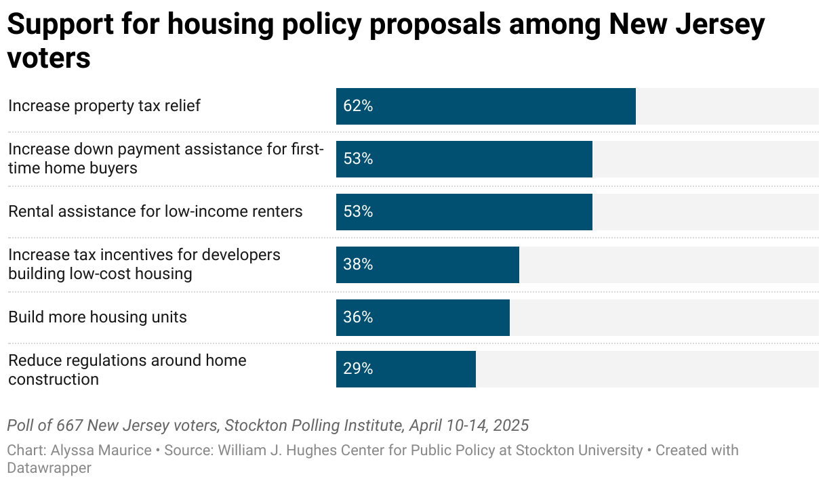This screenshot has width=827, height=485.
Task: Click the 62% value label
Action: tap(358, 106)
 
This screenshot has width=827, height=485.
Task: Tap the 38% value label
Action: tap(358, 265)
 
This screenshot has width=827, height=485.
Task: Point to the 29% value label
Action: tap(358, 369)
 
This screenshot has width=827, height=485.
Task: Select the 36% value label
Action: tap(358, 318)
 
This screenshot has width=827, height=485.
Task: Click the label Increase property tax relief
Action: tap(104, 106)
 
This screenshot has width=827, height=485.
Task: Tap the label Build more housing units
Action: tap(98, 318)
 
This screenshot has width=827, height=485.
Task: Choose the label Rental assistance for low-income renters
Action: tap(155, 212)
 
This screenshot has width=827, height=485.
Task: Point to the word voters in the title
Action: tap(49, 58)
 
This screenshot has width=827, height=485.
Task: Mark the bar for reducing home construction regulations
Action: tap(406, 369)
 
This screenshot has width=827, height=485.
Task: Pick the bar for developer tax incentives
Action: tap(428, 265)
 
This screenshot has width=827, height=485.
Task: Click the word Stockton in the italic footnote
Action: tap(256, 426)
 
